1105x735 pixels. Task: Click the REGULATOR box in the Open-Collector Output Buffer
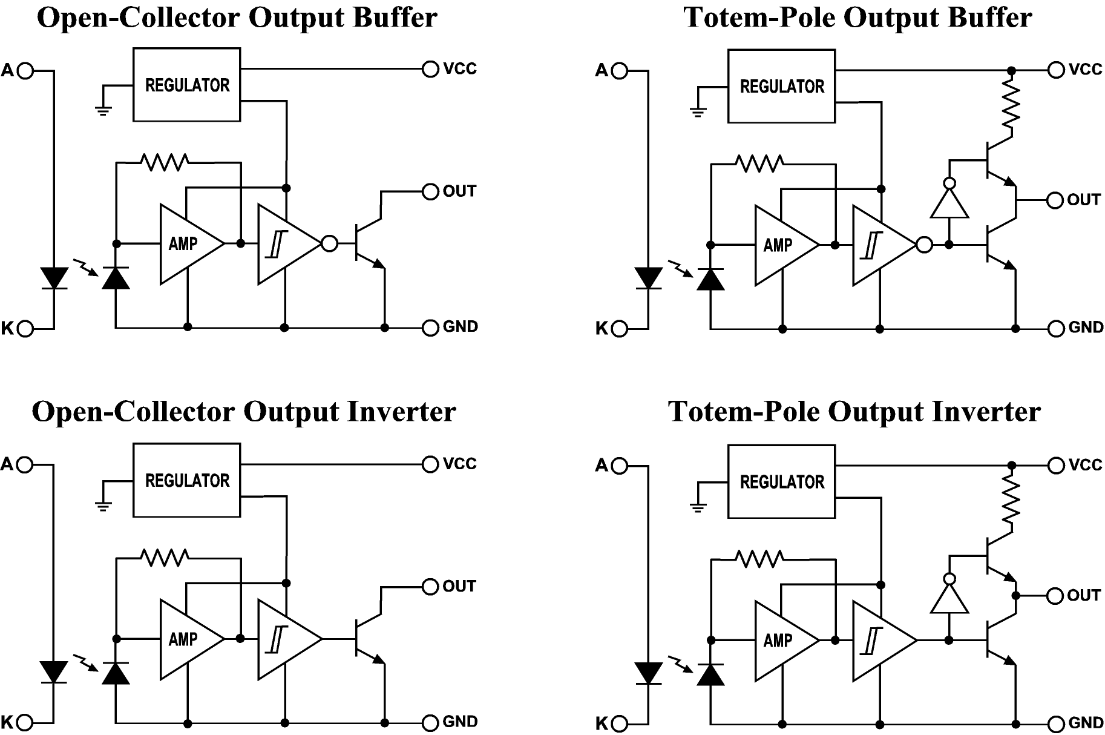point(186,85)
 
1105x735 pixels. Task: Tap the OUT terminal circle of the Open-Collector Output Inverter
point(430,587)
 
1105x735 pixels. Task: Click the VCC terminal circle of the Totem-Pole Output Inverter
point(1056,465)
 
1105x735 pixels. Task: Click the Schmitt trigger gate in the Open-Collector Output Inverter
point(284,639)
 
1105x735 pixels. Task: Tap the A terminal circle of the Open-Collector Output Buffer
point(25,71)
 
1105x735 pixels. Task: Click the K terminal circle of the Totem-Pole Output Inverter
point(620,723)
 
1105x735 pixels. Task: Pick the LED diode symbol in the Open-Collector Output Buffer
point(54,278)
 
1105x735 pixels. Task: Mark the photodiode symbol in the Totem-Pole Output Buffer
point(710,279)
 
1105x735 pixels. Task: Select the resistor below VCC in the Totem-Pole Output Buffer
point(1011,106)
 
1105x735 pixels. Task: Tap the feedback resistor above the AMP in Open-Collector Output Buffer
point(164,162)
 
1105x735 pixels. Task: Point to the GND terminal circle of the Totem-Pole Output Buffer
point(1056,329)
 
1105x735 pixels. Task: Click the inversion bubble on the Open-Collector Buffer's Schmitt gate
point(330,243)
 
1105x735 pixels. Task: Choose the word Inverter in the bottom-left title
point(401,412)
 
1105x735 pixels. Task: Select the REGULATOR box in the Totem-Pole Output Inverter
point(781,482)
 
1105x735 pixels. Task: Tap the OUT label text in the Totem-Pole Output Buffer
point(1083,200)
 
